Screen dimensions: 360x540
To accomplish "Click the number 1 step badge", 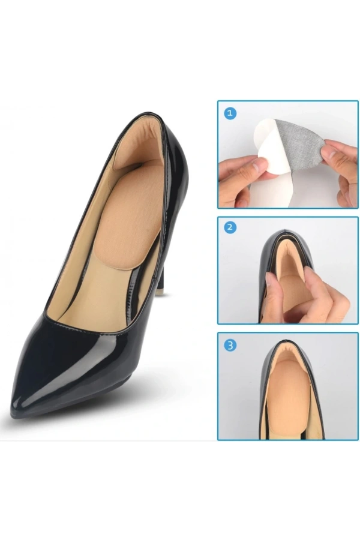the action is pyautogui.click(x=230, y=113).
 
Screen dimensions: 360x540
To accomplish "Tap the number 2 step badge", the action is pyautogui.click(x=230, y=228).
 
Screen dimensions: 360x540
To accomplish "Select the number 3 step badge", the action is pyautogui.click(x=230, y=346).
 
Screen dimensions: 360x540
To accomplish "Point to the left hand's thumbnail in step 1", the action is pyautogui.click(x=259, y=164).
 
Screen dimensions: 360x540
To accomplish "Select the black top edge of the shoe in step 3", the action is pyautogui.click(x=289, y=341).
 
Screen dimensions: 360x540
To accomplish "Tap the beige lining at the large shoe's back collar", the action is pyautogui.click(x=138, y=141).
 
